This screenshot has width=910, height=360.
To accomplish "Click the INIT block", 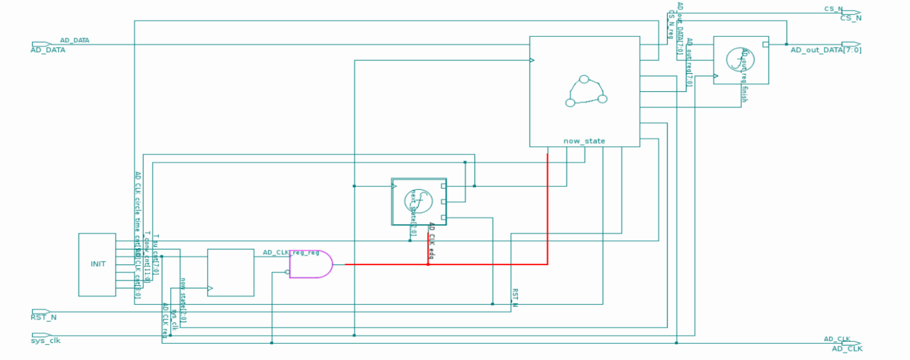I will pos(97,265).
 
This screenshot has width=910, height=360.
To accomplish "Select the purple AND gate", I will pos(310,264).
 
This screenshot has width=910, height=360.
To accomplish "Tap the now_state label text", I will pos(584,141).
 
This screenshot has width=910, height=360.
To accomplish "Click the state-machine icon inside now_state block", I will pos(585,92).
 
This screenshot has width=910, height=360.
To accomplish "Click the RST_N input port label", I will pos(44,317).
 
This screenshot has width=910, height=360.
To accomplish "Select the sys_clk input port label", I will pos(46,341).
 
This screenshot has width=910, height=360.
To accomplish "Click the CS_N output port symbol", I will pos(851,12).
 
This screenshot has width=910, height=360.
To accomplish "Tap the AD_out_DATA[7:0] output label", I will pos(825,50).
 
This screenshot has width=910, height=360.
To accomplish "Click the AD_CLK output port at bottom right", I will pos(851,343).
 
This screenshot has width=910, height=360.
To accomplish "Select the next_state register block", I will pos(419,202).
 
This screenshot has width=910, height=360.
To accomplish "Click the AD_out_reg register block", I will pos(740,60).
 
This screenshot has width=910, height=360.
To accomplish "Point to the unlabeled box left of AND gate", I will pos(230,272).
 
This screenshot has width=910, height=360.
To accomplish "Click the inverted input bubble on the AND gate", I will pos(287,272).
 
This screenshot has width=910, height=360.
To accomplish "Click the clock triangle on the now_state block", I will pos(532,61).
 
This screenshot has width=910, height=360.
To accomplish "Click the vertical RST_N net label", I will pos(515,298).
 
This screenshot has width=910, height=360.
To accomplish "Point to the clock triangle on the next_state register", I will pos(394,186).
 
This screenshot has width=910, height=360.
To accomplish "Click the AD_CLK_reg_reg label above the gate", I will pos(291,253).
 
